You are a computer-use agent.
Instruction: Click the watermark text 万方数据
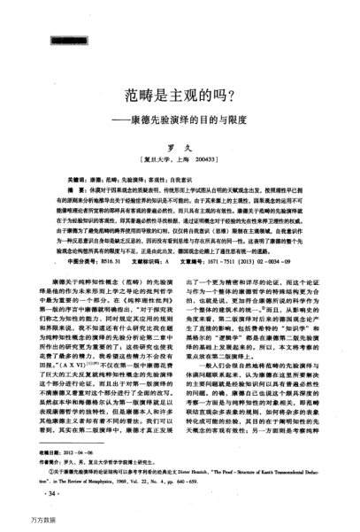tap(19, 524)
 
